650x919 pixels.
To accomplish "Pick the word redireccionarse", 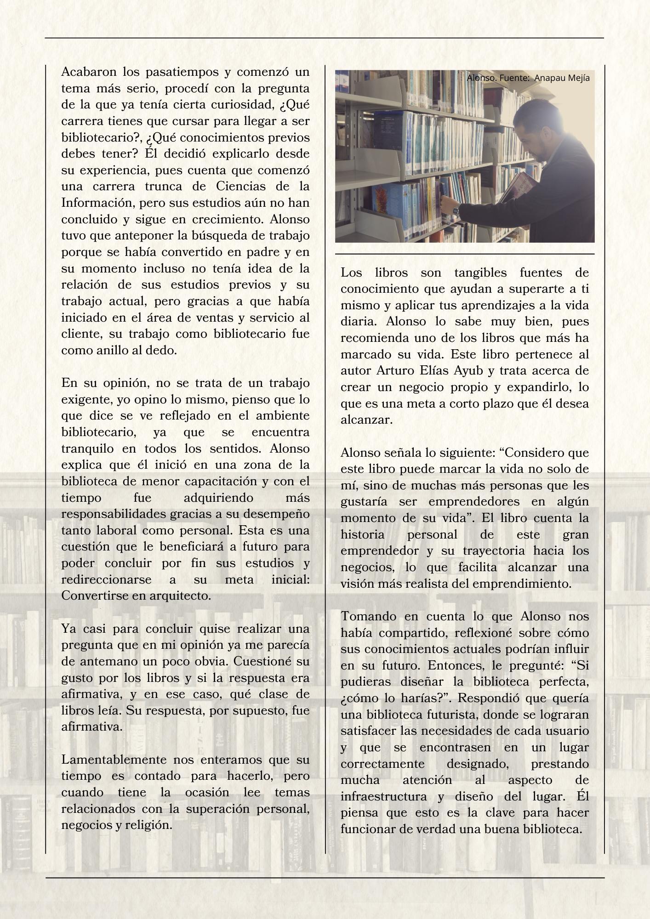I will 106,579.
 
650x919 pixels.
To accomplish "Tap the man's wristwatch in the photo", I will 455,210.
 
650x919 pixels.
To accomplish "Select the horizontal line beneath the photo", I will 464,254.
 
